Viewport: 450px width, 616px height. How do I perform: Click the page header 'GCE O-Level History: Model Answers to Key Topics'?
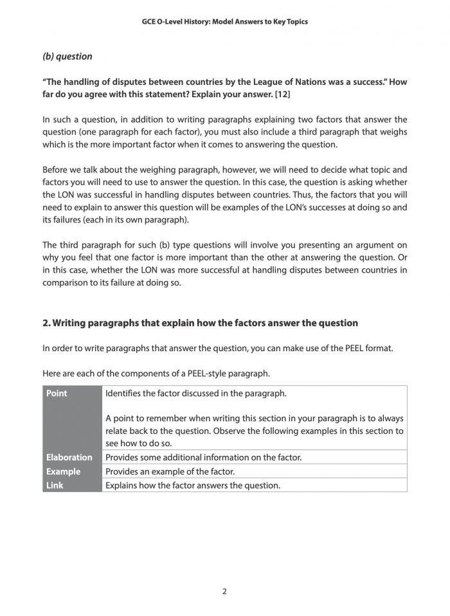(x=224, y=21)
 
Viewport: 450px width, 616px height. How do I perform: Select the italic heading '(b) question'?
(x=67, y=57)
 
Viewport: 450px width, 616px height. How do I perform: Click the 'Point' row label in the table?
(x=57, y=393)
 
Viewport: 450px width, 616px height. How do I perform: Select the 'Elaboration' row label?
(x=69, y=457)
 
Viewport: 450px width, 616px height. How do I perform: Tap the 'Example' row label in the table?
(x=63, y=471)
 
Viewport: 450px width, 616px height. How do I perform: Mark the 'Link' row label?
(x=55, y=485)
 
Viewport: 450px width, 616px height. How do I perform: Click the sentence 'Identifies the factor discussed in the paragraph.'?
(x=196, y=393)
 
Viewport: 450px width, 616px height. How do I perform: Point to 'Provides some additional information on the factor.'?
(x=203, y=457)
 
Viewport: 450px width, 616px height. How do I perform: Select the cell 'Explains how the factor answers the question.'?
(x=193, y=485)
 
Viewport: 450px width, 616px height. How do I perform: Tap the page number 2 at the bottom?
(x=224, y=592)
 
